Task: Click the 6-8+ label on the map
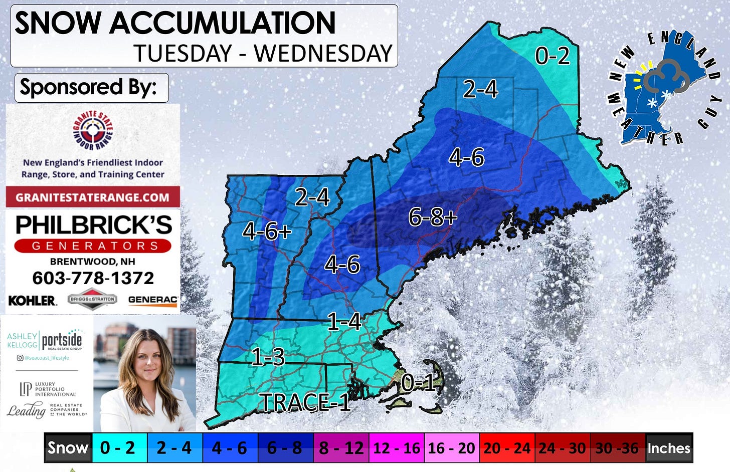coord(432,217)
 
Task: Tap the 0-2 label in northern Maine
coord(552,55)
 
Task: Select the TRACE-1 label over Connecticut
coord(304,402)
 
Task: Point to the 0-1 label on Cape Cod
coord(418,383)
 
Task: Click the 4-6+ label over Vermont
coord(266,231)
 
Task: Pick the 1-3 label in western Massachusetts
coord(268,357)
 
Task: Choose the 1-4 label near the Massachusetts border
coord(344,321)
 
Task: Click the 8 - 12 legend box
coord(341,447)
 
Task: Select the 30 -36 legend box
coord(617,447)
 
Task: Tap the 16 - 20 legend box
coord(451,447)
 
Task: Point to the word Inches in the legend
coord(669,447)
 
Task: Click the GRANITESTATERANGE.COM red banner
coord(93,197)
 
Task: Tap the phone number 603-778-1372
coord(93,278)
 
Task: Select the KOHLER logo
coord(32,300)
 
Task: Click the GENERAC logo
coord(152,300)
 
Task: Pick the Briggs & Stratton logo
coord(92,299)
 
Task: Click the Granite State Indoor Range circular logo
coord(93,130)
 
